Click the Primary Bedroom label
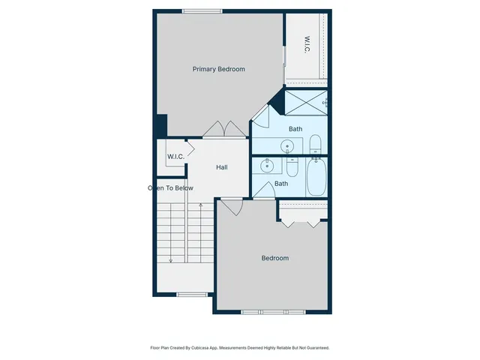tap(218, 69)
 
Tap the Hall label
tap(222, 167)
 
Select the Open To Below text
tap(171, 188)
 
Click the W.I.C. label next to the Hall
tap(175, 156)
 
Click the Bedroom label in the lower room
tap(274, 258)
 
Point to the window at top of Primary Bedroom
tap(202, 10)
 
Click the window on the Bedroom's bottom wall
tap(274, 311)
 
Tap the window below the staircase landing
tap(191, 294)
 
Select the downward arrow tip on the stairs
tap(171, 261)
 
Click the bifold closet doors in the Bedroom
tap(303, 221)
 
